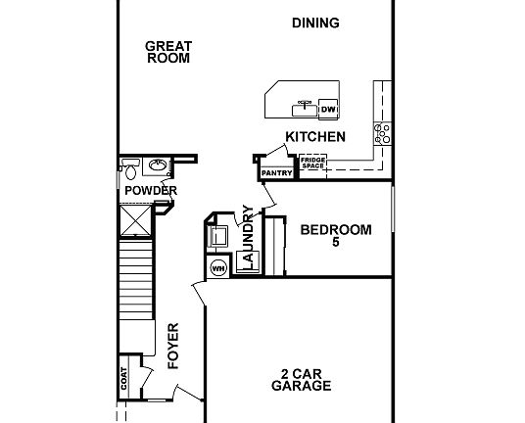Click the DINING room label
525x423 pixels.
[315, 23]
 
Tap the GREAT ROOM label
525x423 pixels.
[167, 51]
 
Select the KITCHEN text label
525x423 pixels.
[314, 137]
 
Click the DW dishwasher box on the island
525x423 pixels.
[328, 108]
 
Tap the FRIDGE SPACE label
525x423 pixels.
[312, 163]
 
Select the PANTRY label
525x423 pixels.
[277, 173]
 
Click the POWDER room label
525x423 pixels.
[150, 190]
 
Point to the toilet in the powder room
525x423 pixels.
[130, 165]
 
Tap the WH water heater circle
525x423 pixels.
[217, 266]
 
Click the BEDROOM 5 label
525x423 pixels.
[336, 236]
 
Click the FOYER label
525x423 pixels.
[173, 345]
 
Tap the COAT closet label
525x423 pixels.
[124, 379]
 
